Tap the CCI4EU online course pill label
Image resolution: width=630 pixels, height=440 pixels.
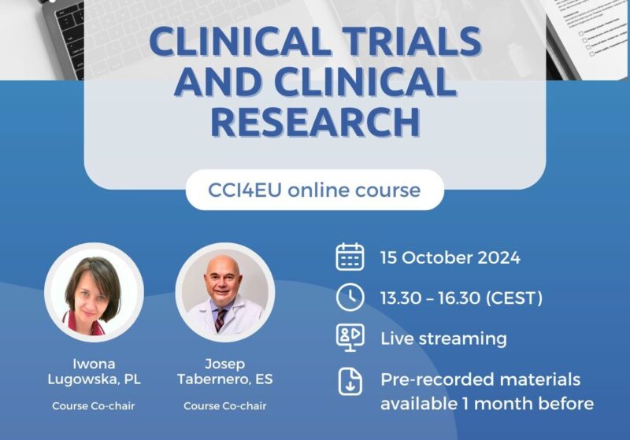315,190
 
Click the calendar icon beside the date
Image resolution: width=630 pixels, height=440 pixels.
350,257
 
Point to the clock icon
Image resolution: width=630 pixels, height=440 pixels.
350,298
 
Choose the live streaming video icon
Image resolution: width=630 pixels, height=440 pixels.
350,338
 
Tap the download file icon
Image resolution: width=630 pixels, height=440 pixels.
350,381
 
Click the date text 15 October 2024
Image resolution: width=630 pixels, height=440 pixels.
450,257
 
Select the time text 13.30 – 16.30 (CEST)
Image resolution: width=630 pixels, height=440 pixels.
461,298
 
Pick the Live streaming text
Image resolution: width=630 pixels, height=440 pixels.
443,338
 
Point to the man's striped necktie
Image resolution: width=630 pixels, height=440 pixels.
220,317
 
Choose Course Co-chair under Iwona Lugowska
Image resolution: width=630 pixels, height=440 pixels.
94,406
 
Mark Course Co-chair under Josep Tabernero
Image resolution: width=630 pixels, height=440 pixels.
224,406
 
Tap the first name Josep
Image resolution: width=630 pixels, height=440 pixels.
224,364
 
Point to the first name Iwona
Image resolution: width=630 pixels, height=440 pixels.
94,364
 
